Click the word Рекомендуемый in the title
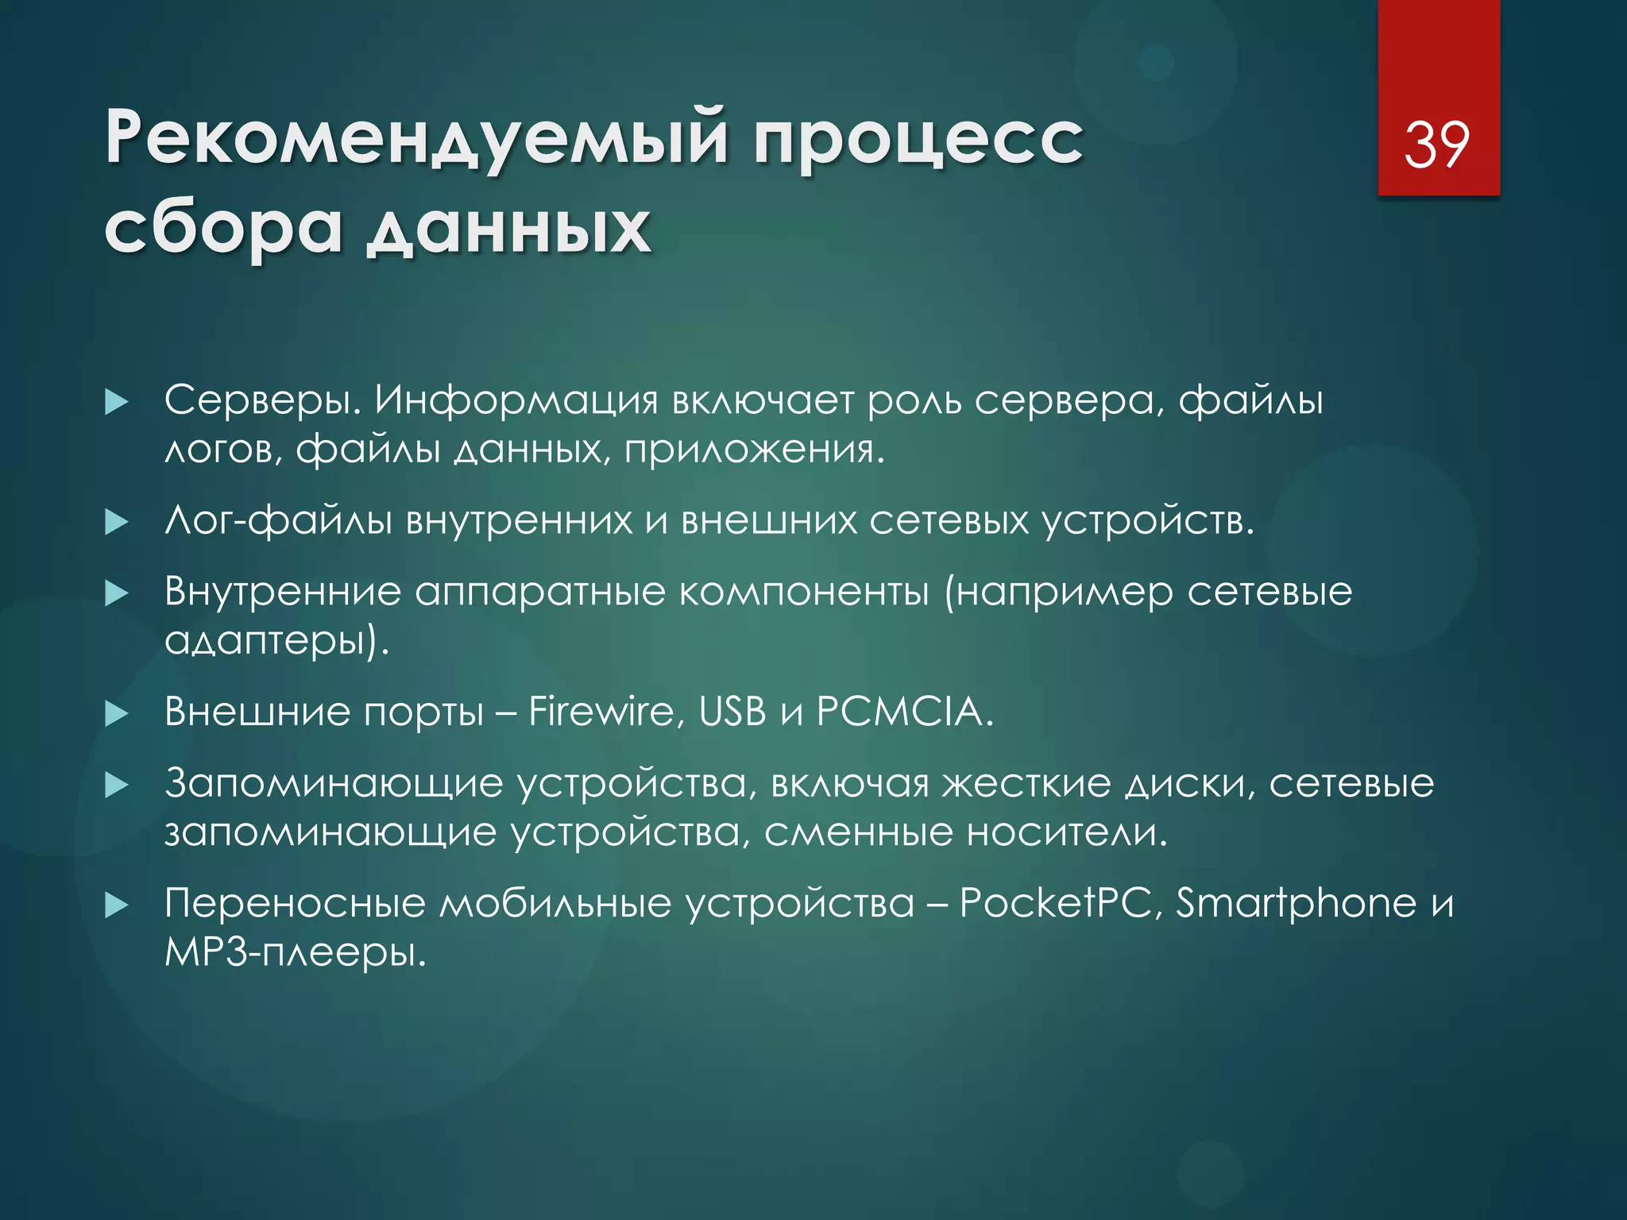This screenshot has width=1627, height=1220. coord(416,137)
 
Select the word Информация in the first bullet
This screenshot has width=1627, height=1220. coord(516,400)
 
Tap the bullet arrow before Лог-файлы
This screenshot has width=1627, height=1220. coord(117,522)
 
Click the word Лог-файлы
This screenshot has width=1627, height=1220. coord(278,521)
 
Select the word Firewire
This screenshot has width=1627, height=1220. coord(601,711)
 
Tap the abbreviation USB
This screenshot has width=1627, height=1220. coord(732,711)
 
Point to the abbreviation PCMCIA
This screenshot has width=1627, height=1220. coord(899,711)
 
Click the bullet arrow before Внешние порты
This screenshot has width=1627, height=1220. coord(117,713)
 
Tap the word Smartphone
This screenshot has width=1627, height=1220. coord(1297,904)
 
